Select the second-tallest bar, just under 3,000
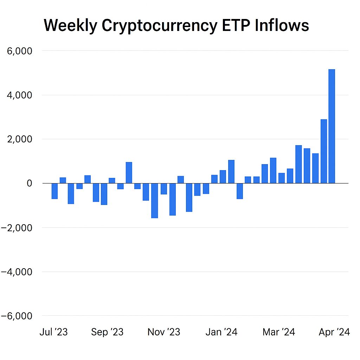coord(323,151)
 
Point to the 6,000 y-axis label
coord(20,51)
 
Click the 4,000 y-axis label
coord(20,95)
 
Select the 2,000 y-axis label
coord(20,139)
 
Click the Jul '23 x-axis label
coord(53,332)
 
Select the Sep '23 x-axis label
coord(107,332)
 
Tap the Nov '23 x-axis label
coord(164,332)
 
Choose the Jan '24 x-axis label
coord(221,332)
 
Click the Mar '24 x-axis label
coord(279,332)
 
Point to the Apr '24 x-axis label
coord(334,332)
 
